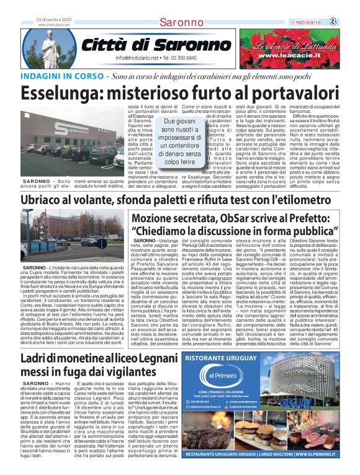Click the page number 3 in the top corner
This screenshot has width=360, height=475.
pyautogui.click(x=350, y=22)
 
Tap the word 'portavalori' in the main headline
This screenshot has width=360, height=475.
pyautogui.click(x=285, y=93)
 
